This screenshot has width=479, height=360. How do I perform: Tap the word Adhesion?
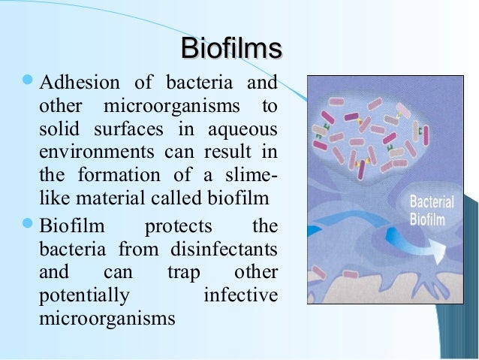pos(74,81)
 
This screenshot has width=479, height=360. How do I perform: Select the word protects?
pos(178,226)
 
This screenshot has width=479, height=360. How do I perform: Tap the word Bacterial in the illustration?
pos(429,202)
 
